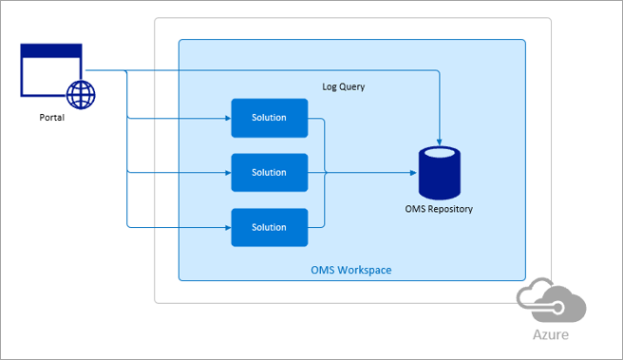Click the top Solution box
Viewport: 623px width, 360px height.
(x=269, y=118)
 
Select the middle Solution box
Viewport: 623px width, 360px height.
(x=269, y=173)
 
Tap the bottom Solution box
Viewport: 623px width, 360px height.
(x=269, y=228)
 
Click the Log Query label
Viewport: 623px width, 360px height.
(x=344, y=86)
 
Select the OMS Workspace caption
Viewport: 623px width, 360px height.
(x=351, y=271)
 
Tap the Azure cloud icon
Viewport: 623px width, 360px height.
(x=551, y=303)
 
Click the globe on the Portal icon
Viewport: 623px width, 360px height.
(x=81, y=94)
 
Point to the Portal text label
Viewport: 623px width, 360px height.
(x=53, y=119)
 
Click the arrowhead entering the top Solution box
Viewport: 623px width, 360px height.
(x=227, y=119)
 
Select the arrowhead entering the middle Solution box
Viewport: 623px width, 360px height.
(x=227, y=173)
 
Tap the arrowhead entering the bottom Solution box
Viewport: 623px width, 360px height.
(x=227, y=228)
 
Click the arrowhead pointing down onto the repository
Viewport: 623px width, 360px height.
(x=441, y=142)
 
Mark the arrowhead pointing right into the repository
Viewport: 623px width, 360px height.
(x=413, y=173)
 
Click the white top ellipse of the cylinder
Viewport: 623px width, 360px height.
(x=441, y=152)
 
